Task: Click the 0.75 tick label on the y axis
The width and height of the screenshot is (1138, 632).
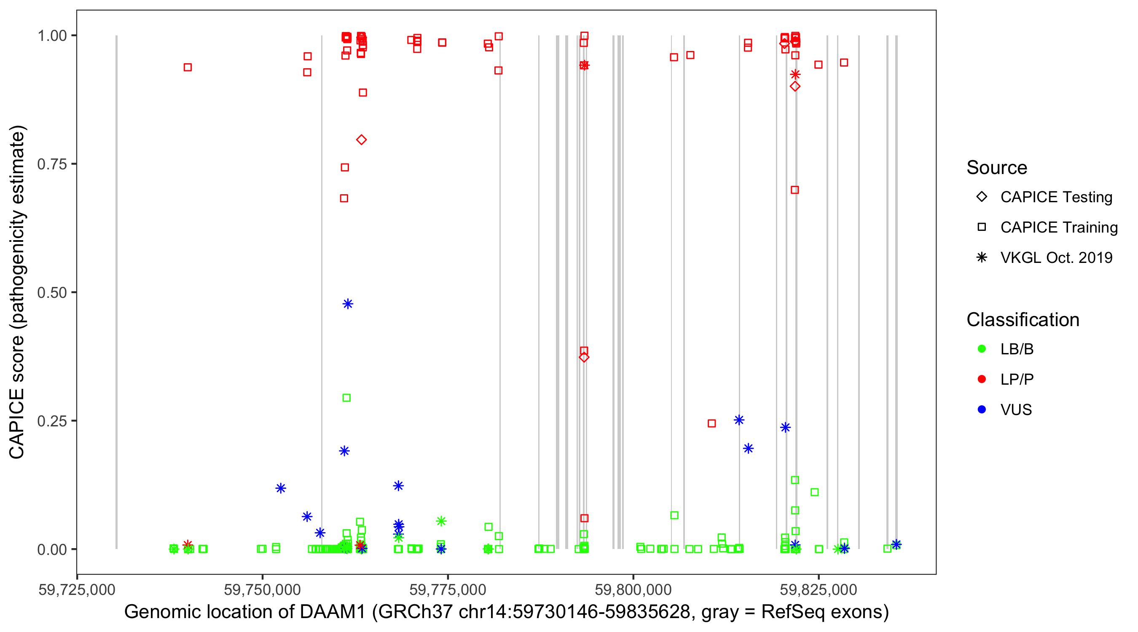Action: [51, 164]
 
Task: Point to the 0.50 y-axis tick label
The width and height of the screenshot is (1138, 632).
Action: [51, 292]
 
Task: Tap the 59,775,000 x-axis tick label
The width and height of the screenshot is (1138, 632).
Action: [448, 589]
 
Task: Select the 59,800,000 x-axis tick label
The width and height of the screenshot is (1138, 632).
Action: [633, 589]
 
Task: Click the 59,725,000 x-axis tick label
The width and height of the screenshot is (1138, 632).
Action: [77, 589]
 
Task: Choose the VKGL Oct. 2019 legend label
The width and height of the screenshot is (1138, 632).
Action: [1056, 257]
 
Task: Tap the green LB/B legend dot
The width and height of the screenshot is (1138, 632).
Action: [982, 349]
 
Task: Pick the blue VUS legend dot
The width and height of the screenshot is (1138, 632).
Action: [982, 410]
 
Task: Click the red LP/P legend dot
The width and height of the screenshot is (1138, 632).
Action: [982, 379]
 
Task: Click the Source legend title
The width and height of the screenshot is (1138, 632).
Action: [997, 168]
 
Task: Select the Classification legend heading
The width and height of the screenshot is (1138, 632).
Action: [1023, 320]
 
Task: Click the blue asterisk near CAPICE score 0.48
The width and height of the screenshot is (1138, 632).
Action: [348, 304]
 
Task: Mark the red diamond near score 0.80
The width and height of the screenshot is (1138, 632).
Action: [361, 140]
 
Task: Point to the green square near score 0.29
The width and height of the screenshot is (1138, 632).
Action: [347, 398]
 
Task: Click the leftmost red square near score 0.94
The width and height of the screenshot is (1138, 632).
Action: [188, 67]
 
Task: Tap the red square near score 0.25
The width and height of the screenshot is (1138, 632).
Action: [712, 423]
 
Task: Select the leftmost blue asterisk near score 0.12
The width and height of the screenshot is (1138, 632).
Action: [281, 488]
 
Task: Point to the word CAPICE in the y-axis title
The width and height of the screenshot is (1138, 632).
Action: [17, 423]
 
